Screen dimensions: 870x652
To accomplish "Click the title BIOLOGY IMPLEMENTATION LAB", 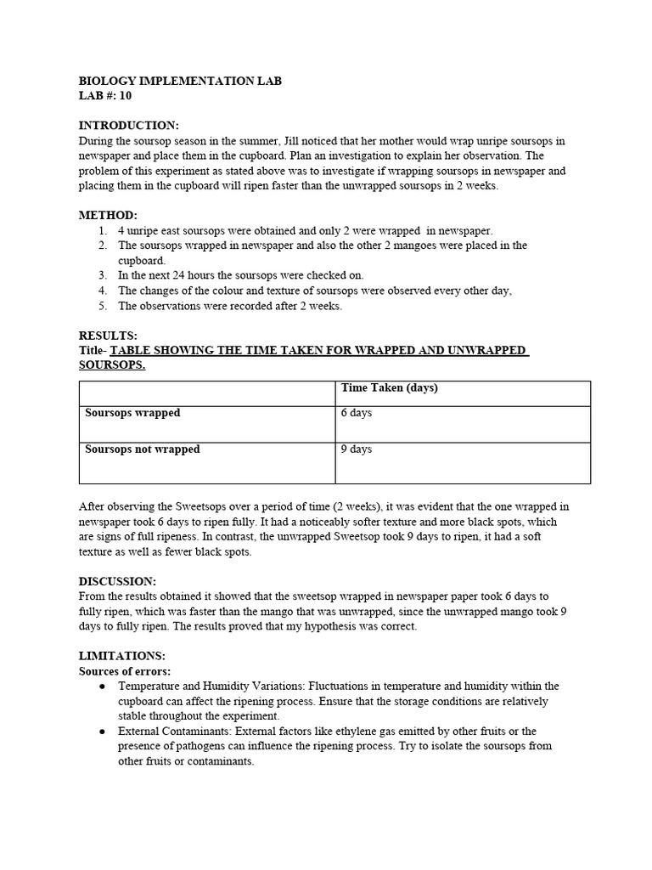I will [x=180, y=82].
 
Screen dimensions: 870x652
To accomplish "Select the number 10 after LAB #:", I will [x=125, y=96].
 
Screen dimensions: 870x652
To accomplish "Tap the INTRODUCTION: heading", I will [x=128, y=126].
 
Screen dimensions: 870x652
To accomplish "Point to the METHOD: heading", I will [x=108, y=216].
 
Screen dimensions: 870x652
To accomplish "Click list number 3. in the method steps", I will [x=102, y=275].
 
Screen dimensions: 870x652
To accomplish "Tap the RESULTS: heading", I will [x=108, y=336].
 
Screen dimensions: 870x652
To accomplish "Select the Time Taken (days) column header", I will [x=389, y=388].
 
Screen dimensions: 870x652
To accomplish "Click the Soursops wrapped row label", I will [x=132, y=413].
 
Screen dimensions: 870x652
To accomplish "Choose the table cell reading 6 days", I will [x=357, y=413].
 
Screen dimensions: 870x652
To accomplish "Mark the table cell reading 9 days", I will [x=357, y=449].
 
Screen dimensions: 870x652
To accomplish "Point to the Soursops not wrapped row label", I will [x=143, y=449].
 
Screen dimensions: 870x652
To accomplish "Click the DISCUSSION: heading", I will [x=117, y=581].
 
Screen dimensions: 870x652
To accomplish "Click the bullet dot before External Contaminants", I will [x=102, y=732].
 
